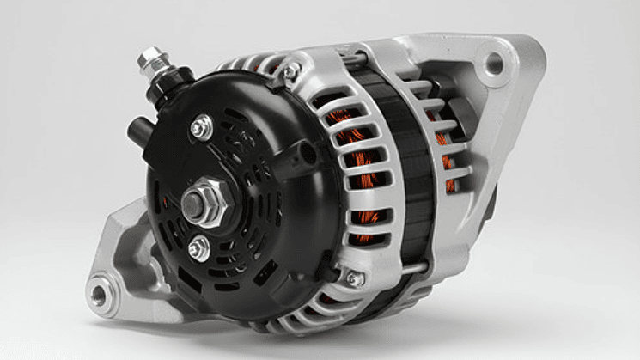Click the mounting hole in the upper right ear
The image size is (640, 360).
[x=494, y=62]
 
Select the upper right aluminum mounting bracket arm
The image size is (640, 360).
[x=507, y=95]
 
